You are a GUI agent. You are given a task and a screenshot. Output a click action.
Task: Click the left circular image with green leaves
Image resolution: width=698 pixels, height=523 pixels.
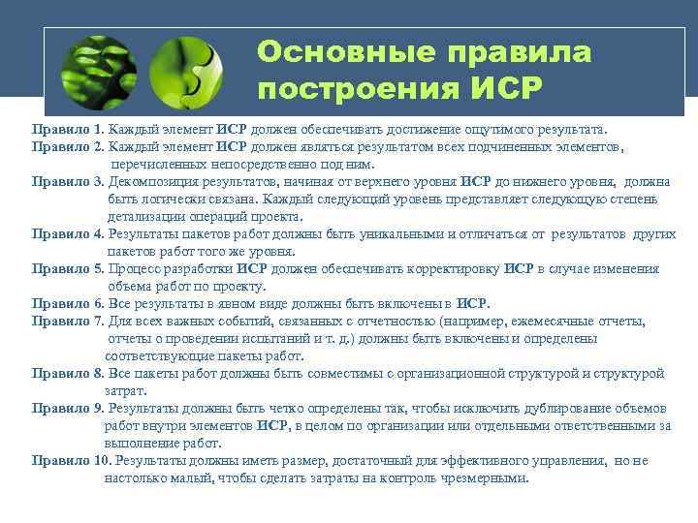pyautogui.click(x=97, y=70)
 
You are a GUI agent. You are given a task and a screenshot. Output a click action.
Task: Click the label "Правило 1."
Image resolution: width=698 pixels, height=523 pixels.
pyautogui.click(x=68, y=129)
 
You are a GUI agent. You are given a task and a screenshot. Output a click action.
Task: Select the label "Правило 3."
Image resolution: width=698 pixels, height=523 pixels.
pyautogui.click(x=68, y=181)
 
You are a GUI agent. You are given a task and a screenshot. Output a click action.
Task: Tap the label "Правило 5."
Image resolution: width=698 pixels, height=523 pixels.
pyautogui.click(x=68, y=268)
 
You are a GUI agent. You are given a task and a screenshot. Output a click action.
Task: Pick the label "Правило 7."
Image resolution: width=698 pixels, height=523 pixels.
pyautogui.click(x=68, y=321)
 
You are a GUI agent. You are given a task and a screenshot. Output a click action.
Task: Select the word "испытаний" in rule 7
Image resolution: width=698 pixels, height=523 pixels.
pyautogui.click(x=255, y=338)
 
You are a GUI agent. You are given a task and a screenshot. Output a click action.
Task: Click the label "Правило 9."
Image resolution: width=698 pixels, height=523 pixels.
pyautogui.click(x=68, y=408)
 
